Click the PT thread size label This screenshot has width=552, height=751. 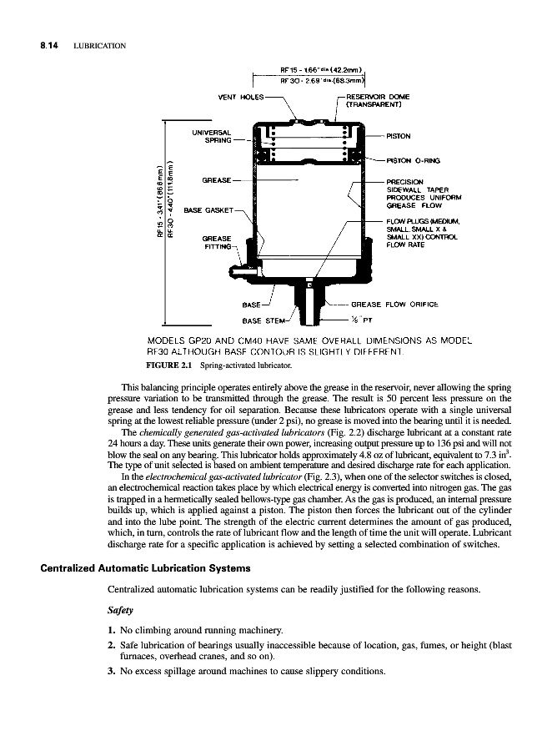coord(364,320)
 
